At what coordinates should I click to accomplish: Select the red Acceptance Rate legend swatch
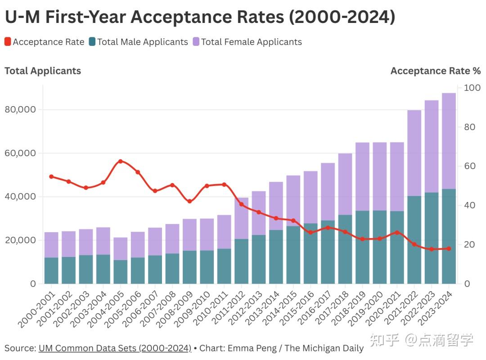click(x=8, y=42)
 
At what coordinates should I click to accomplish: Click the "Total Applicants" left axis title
click(x=43, y=71)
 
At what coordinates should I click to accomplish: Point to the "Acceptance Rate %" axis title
click(x=435, y=71)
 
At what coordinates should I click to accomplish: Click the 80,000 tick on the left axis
click(x=21, y=109)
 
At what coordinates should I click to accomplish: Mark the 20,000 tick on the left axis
click(x=21, y=240)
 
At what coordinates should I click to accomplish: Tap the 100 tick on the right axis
click(x=472, y=88)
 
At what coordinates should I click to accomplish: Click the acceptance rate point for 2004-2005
click(x=120, y=161)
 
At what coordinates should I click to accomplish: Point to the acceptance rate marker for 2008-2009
click(x=189, y=201)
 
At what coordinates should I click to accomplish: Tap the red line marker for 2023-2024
click(x=449, y=248)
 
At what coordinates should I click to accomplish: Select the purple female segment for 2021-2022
click(x=414, y=153)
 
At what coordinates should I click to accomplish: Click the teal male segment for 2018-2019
click(x=362, y=247)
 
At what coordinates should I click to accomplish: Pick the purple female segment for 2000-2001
click(x=51, y=245)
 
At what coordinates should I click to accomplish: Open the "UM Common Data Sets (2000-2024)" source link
click(x=115, y=348)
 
